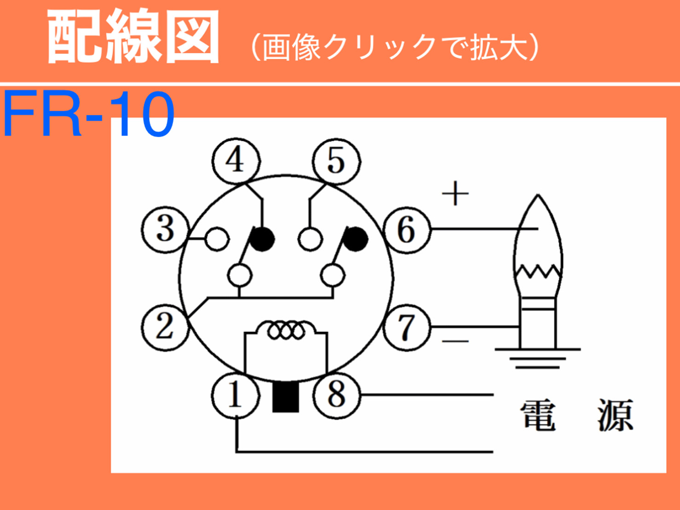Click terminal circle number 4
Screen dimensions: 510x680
pyautogui.click(x=236, y=161)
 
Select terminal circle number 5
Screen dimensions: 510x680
pyautogui.click(x=336, y=161)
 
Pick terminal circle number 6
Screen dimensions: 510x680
pyautogui.click(x=407, y=229)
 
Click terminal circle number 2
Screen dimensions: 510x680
pyautogui.click(x=165, y=327)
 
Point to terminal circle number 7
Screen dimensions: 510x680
pyautogui.click(x=407, y=328)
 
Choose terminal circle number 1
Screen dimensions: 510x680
pyautogui.click(x=235, y=395)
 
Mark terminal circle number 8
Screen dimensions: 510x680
pyautogui.click(x=336, y=395)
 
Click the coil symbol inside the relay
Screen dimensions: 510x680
pyautogui.click(x=286, y=330)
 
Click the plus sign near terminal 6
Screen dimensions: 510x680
pyautogui.click(x=455, y=193)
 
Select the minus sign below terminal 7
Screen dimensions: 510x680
pyautogui.click(x=455, y=341)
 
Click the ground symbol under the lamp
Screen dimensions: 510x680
pyautogui.click(x=537, y=359)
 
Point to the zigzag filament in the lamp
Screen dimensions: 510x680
pyautogui.click(x=538, y=272)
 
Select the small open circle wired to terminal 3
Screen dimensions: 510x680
pyautogui.click(x=217, y=239)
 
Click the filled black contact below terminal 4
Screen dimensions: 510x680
pyautogui.click(x=263, y=239)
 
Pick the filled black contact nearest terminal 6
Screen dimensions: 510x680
pyautogui.click(x=355, y=239)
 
